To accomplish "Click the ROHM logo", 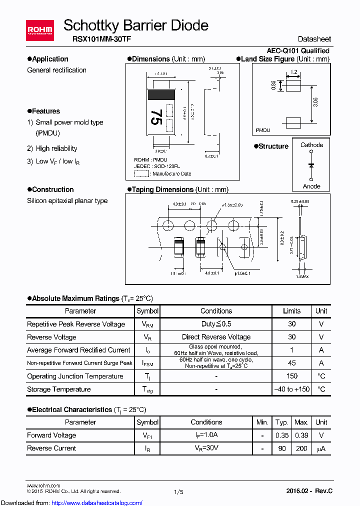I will [x=40, y=30].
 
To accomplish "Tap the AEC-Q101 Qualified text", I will [x=297, y=50].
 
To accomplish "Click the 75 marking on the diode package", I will [x=156, y=118].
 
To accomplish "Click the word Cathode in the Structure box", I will [x=311, y=145].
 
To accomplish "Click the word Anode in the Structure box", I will [x=311, y=186].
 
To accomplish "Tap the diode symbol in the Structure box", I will [x=311, y=165].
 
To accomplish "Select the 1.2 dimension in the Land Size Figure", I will [x=293, y=72].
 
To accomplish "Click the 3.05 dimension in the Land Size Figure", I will [x=315, y=104].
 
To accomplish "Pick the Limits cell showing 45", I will [x=291, y=363].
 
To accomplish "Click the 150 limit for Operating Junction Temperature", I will [x=291, y=376].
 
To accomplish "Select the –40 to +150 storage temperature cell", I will [x=291, y=389].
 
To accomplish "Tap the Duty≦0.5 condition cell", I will [x=216, y=324].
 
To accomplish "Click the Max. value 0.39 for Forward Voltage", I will [x=301, y=435].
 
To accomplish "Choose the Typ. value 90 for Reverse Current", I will [x=282, y=448].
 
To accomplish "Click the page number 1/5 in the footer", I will [x=178, y=492].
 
